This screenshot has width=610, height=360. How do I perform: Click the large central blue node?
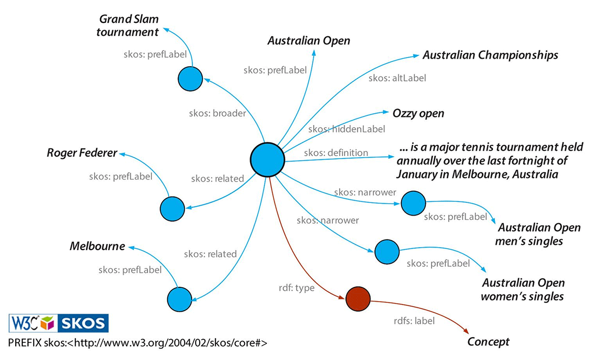tap(267, 159)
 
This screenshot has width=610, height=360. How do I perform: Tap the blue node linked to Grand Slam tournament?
tap(191, 79)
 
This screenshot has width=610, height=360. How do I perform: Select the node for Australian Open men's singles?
tap(413, 203)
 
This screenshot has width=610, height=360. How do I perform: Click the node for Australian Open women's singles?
tap(387, 250)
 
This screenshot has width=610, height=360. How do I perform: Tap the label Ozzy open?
tap(418, 113)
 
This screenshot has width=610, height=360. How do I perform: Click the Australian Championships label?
tap(490, 55)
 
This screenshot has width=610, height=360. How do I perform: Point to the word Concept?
tap(488, 342)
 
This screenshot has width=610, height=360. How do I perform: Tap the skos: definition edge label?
tap(335, 153)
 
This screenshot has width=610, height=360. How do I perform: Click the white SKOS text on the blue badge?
tap(82, 323)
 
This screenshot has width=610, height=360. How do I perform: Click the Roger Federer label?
tap(82, 153)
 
